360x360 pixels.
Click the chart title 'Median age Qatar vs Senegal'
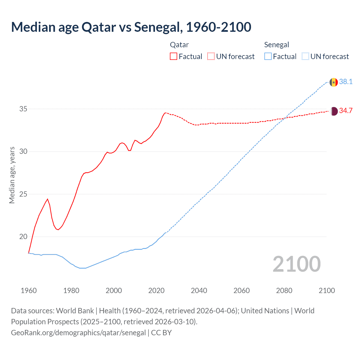click(131, 27)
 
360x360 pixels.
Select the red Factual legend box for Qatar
click(174, 56)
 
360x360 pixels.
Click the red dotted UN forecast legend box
click(211, 56)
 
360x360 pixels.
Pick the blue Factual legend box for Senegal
click(268, 56)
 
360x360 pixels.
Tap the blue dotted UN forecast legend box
click(305, 56)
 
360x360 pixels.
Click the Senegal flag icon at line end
click(334, 82)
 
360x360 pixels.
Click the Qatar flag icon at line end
click(334, 111)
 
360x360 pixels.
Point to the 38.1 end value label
click(346, 82)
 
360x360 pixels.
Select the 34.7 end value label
click(346, 111)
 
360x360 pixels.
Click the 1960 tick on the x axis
click(29, 291)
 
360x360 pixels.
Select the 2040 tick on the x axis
click(199, 291)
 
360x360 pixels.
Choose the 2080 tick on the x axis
click(284, 291)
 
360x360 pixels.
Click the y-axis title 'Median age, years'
click(12, 175)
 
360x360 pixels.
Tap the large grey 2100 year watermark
click(296, 264)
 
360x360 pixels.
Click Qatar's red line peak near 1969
click(48, 199)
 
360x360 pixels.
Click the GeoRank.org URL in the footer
click(78, 333)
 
